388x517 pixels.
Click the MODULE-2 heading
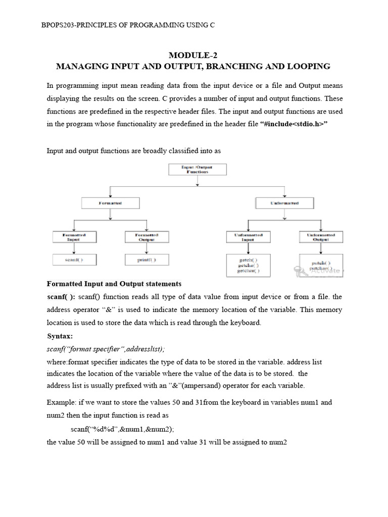(193, 55)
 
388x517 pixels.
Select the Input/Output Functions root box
(197, 169)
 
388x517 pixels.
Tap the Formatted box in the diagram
(110, 203)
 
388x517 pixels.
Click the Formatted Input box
(74, 237)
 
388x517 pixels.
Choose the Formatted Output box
(147, 237)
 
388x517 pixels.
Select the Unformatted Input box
(248, 237)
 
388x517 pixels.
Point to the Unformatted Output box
(321, 237)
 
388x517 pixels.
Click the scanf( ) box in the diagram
(74, 260)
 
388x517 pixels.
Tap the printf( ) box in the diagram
(147, 260)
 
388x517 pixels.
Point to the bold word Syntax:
(60, 336)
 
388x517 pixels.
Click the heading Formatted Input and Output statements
(114, 284)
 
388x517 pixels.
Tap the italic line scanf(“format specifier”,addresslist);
(106, 349)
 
